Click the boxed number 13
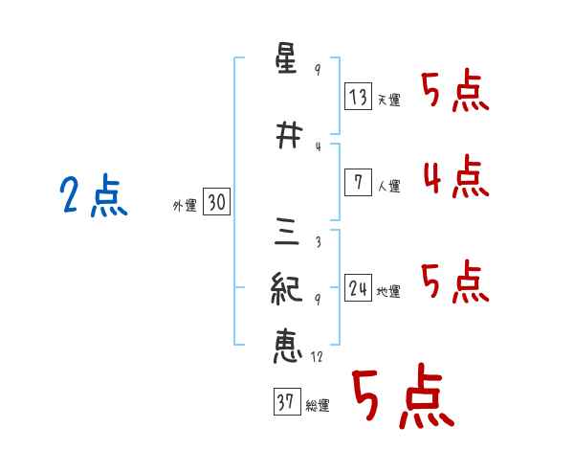click(x=359, y=97)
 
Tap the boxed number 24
click(x=359, y=288)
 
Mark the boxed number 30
click(x=217, y=203)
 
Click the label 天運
click(x=388, y=100)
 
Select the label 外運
click(x=185, y=205)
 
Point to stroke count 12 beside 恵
click(x=317, y=357)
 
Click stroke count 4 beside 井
click(x=318, y=146)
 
